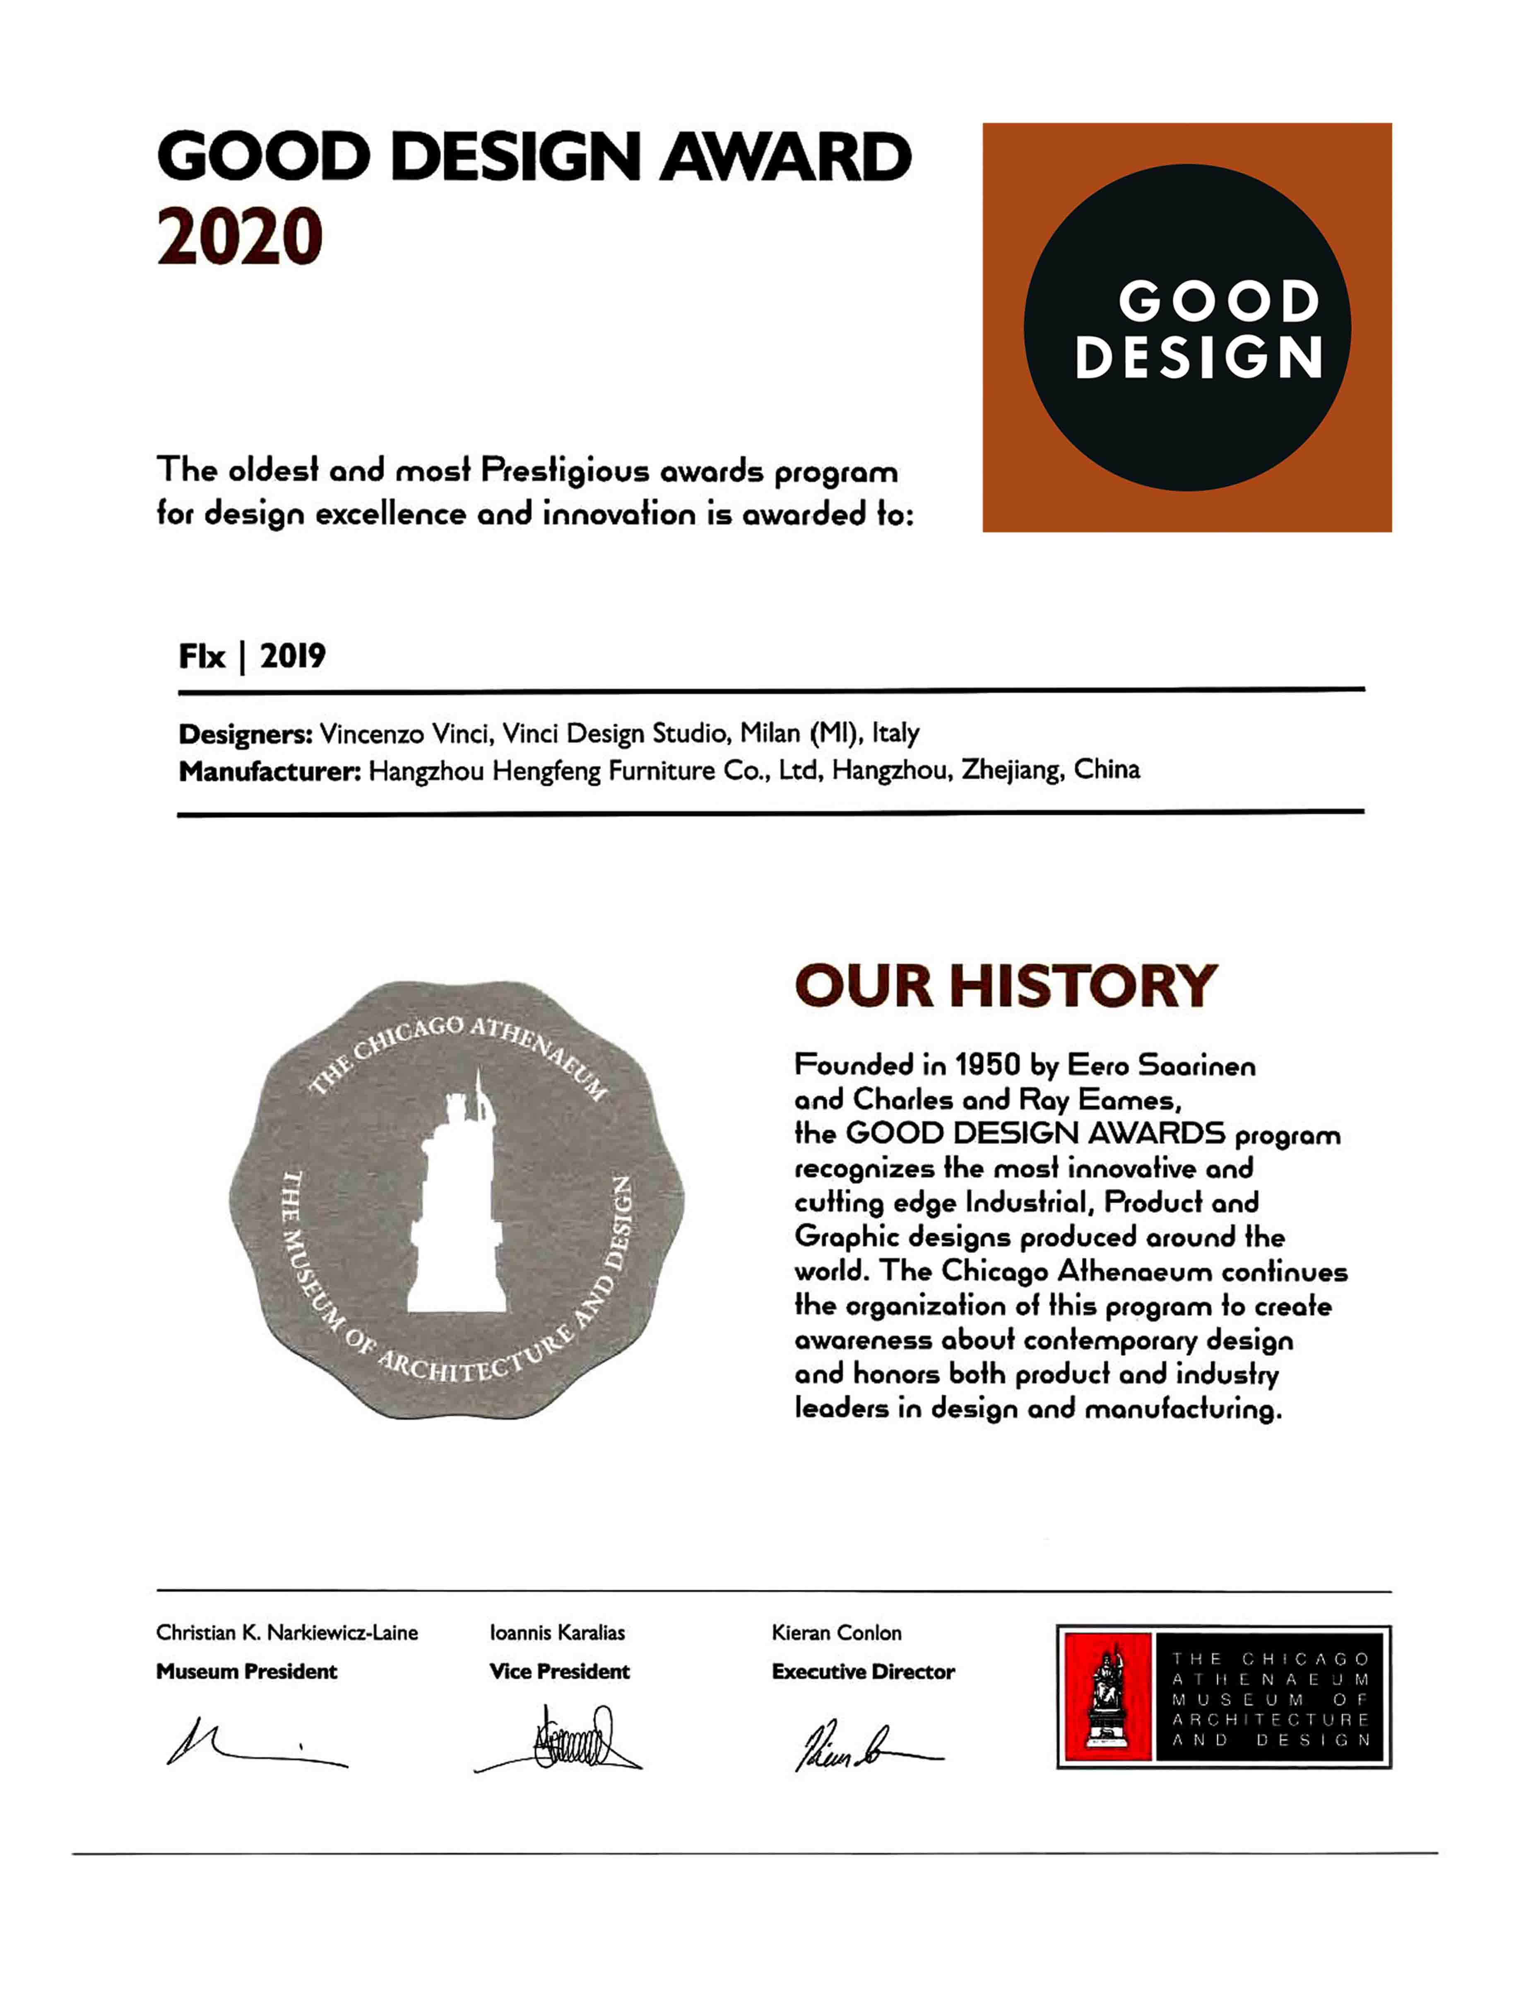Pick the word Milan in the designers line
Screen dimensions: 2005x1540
pos(770,734)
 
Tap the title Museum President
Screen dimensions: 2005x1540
pos(247,1671)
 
